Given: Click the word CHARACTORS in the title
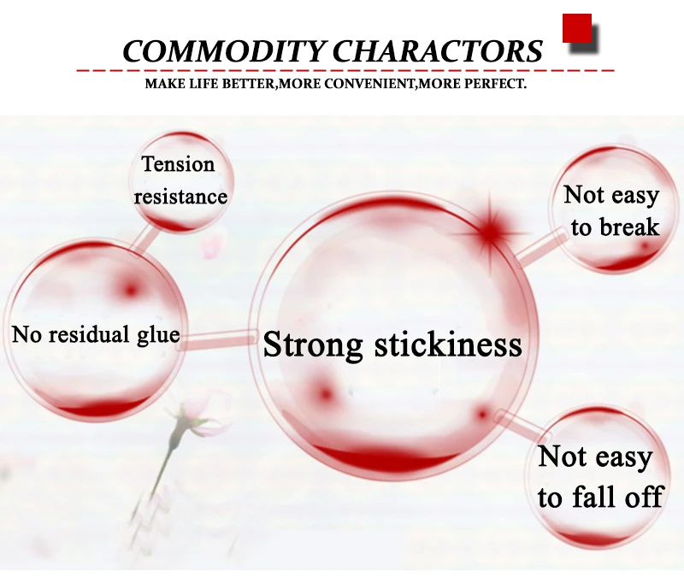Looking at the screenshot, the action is coord(438,51).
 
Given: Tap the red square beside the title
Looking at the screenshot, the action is coord(576,28).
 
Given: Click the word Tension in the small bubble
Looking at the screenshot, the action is coord(178,164).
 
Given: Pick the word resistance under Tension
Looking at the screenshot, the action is coord(180,197).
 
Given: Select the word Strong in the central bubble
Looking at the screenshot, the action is coord(313,345).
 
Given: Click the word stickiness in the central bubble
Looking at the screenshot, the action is coord(448,344).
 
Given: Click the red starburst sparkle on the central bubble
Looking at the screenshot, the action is coord(490,231).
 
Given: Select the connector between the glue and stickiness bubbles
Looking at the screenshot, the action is coord(218,339).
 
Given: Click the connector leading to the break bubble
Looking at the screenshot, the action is coord(540,249).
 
